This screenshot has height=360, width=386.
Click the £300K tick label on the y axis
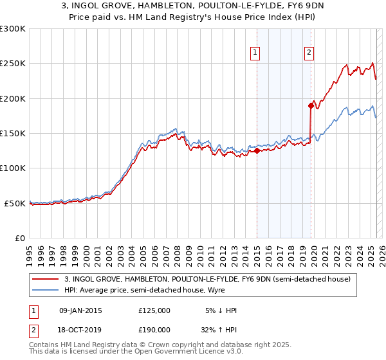click(x=13, y=29)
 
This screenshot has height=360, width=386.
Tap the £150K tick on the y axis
click(x=13, y=134)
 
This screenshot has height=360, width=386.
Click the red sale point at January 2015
click(x=257, y=151)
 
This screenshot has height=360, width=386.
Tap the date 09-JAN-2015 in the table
click(x=80, y=310)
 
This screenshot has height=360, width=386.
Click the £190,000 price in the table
click(x=154, y=329)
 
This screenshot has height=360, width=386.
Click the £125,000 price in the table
click(x=154, y=310)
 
